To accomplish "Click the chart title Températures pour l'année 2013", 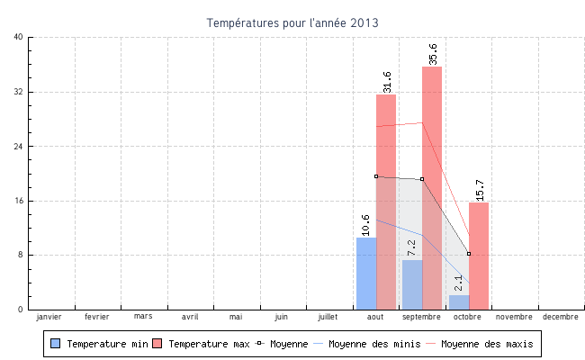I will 292,22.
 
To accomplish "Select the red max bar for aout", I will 386,202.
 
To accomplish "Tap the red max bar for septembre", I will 432,188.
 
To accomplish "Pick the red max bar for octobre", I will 479,256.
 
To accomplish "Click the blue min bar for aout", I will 366,274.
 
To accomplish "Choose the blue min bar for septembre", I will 412,284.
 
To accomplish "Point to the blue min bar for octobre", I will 459,302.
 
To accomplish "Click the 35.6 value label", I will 433,54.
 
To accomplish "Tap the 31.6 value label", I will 387,82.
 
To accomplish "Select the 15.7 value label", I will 480,190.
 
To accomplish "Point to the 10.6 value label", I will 365,224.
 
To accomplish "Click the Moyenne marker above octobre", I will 469,254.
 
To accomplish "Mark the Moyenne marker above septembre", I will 422,179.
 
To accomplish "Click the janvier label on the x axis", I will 49,317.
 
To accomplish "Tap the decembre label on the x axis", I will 560,317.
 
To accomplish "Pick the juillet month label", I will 328,317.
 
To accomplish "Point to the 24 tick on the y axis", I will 19,146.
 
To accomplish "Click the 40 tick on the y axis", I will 19,37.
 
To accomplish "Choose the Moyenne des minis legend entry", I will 369,344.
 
